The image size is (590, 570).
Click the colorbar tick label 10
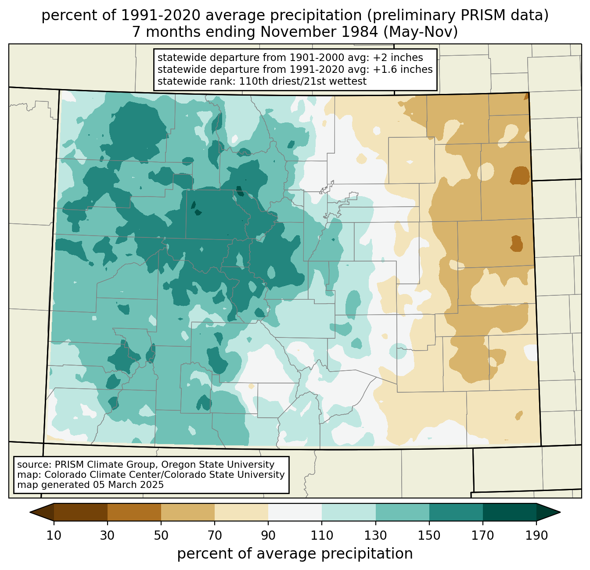click(54, 535)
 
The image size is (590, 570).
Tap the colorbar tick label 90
click(268, 535)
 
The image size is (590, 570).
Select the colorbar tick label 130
click(375, 535)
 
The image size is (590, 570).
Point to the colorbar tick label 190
click(536, 535)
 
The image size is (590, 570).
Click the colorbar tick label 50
click(161, 535)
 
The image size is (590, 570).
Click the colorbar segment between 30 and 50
click(134, 512)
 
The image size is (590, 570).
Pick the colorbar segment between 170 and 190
click(509, 512)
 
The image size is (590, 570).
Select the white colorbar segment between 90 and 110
click(295, 512)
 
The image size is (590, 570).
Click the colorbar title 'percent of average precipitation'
click(295, 554)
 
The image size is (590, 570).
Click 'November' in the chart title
click(319, 32)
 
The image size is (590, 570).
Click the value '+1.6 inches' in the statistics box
click(403, 69)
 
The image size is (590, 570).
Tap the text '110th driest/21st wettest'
click(302, 81)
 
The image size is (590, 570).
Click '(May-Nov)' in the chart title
click(421, 32)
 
